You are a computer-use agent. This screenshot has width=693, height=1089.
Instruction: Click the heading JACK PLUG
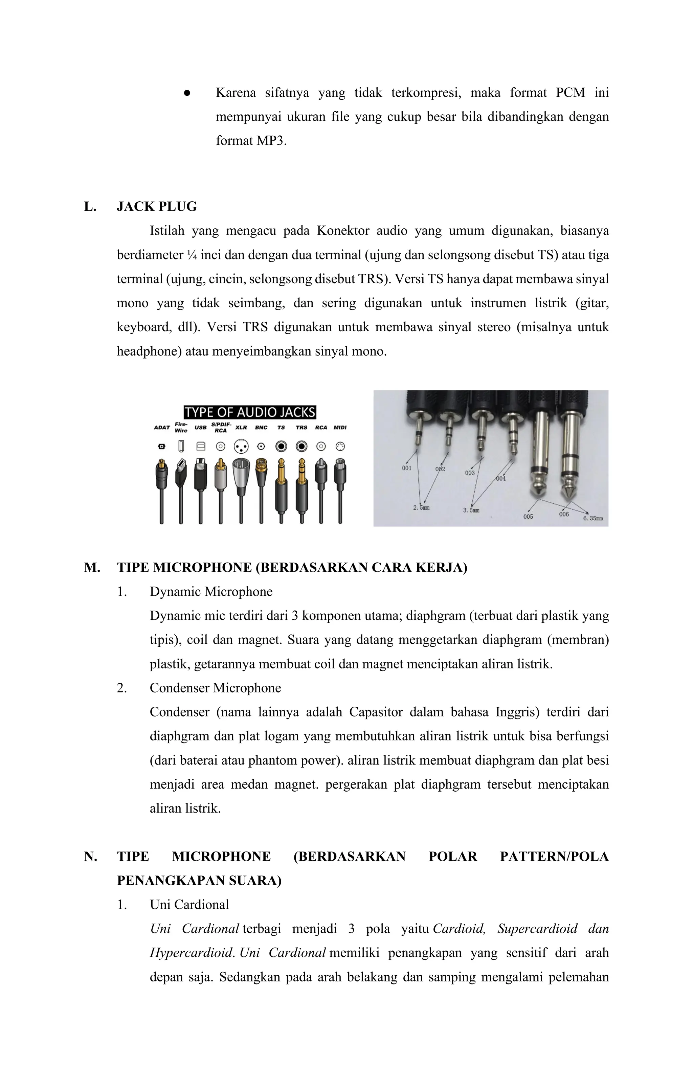[x=157, y=207]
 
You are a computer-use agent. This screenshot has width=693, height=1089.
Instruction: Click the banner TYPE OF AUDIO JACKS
[x=250, y=412]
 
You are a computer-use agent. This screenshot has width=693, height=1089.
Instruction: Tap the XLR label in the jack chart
[x=241, y=427]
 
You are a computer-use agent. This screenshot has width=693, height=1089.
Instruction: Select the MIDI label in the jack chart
[x=340, y=427]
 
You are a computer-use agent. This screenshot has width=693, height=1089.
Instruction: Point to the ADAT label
[x=162, y=427]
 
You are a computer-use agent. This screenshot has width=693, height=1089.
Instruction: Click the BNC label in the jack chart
[x=261, y=427]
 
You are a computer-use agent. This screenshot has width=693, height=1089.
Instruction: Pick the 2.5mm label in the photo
[x=421, y=507]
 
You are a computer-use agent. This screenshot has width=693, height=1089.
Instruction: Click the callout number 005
[x=528, y=517]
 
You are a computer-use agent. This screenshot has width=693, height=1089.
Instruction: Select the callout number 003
[x=470, y=473]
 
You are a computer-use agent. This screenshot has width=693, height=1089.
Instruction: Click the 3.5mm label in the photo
[x=471, y=510]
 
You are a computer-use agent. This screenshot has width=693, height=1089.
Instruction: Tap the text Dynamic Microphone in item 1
[x=211, y=592]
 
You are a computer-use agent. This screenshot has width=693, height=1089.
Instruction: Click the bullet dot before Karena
[x=186, y=93]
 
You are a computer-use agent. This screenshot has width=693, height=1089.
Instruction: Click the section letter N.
[x=90, y=857]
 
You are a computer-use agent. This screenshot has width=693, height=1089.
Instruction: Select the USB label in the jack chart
[x=200, y=427]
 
